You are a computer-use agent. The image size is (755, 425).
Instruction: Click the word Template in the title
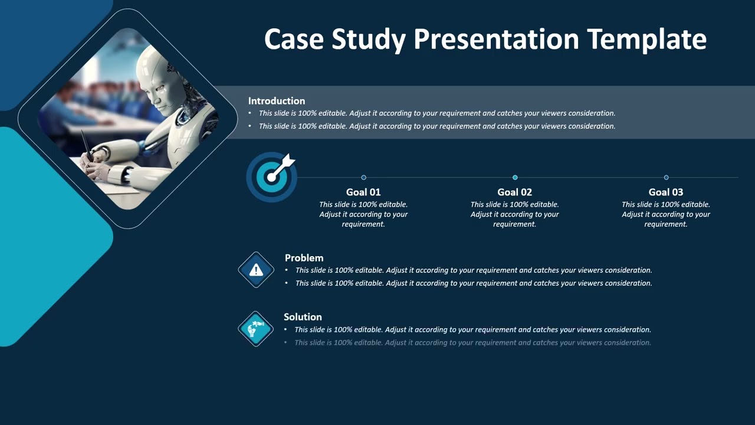pos(647,40)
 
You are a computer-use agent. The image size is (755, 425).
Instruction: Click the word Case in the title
pos(294,40)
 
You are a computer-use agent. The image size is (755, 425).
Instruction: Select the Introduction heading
pos(277,101)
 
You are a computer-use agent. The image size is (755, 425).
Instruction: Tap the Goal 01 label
pos(363,192)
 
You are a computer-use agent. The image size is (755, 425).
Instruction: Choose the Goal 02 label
pos(514,192)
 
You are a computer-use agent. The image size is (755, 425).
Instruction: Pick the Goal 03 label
pos(666,192)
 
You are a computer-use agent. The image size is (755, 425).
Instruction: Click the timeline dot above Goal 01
pos(363,177)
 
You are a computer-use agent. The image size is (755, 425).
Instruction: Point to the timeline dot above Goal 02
pos(515,177)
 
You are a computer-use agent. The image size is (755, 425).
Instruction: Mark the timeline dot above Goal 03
pos(666,177)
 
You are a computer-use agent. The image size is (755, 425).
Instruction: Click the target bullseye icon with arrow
pos(271,176)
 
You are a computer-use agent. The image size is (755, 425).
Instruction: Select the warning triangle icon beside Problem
pos(256,270)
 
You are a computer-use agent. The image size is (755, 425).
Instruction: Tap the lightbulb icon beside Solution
pos(255,329)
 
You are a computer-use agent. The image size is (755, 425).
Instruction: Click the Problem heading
pos(304,258)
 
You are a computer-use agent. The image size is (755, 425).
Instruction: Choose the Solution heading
pos(303,317)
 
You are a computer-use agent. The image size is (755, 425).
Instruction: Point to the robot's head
pos(156,77)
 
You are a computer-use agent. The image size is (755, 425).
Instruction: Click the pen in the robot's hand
pos(86,145)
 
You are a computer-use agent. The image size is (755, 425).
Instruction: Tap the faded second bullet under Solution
pos(472,342)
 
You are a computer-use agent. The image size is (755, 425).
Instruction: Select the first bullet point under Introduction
pos(437,113)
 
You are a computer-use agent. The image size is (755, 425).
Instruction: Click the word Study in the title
pos(368,40)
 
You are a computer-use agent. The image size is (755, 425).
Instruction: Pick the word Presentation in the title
pos(496,40)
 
